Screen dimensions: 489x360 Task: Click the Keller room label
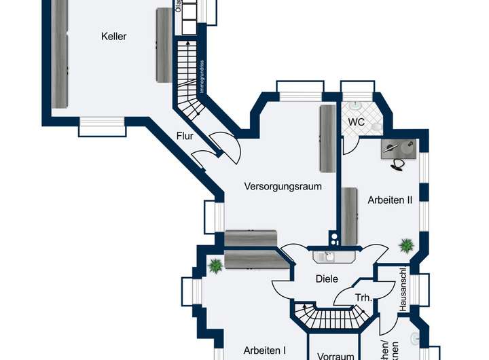point(114,36)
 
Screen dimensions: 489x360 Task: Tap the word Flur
point(185,136)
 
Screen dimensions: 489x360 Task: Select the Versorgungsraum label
point(283,185)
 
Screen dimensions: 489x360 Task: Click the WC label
point(357,122)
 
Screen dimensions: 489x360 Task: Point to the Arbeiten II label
point(391,200)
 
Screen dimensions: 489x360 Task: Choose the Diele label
point(327,278)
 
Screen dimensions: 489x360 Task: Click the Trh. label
point(363,298)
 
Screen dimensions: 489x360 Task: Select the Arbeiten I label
point(264,350)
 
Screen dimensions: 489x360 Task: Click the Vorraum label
point(336,355)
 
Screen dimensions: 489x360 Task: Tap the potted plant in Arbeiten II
point(407,244)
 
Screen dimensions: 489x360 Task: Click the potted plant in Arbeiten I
point(215,266)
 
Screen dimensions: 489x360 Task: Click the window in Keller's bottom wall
point(103,126)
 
